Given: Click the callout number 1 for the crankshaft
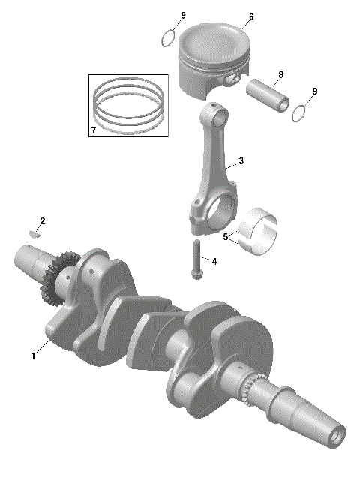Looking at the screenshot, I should coord(33,356).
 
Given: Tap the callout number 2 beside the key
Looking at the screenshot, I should coord(43,220).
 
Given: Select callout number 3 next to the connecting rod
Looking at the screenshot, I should coord(240,161).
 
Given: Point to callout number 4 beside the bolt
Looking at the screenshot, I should coord(214,262).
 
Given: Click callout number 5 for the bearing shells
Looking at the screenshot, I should coord(226,236).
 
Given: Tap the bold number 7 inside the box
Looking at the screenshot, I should coord(93,130).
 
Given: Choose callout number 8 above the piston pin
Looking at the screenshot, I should coord(280,74).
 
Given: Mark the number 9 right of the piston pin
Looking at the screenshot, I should coord(314,91).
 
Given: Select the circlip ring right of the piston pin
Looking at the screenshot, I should coord(300,111).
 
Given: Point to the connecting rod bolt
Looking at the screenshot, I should coord(196,260).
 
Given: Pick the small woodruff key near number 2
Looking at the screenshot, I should coord(33,232).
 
